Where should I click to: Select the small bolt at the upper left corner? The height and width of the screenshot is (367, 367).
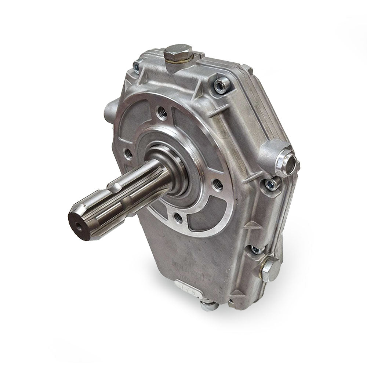point(136,66)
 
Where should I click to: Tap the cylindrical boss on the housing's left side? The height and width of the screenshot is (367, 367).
point(110,108)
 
